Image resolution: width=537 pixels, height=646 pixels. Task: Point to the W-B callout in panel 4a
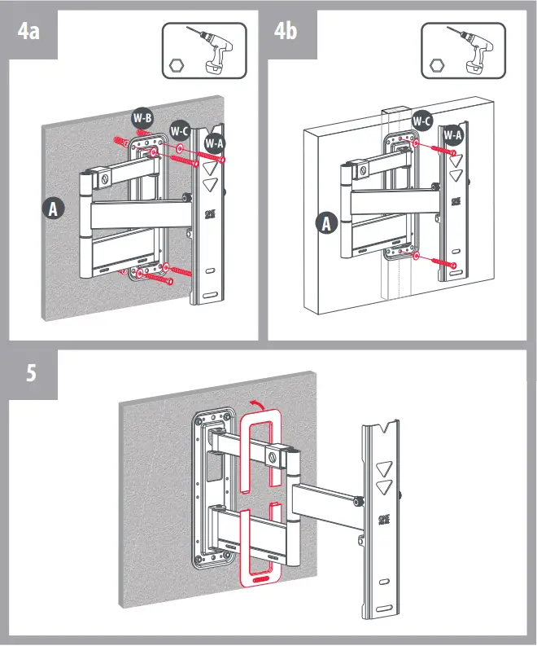pyautogui.click(x=142, y=117)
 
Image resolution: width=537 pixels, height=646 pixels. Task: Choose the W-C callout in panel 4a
pyautogui.click(x=180, y=130)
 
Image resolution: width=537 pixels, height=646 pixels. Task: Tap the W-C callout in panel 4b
pyautogui.click(x=421, y=121)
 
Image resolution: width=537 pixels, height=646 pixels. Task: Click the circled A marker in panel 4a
pyautogui.click(x=54, y=209)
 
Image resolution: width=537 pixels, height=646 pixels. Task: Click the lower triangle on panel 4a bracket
pyautogui.click(x=210, y=184)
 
